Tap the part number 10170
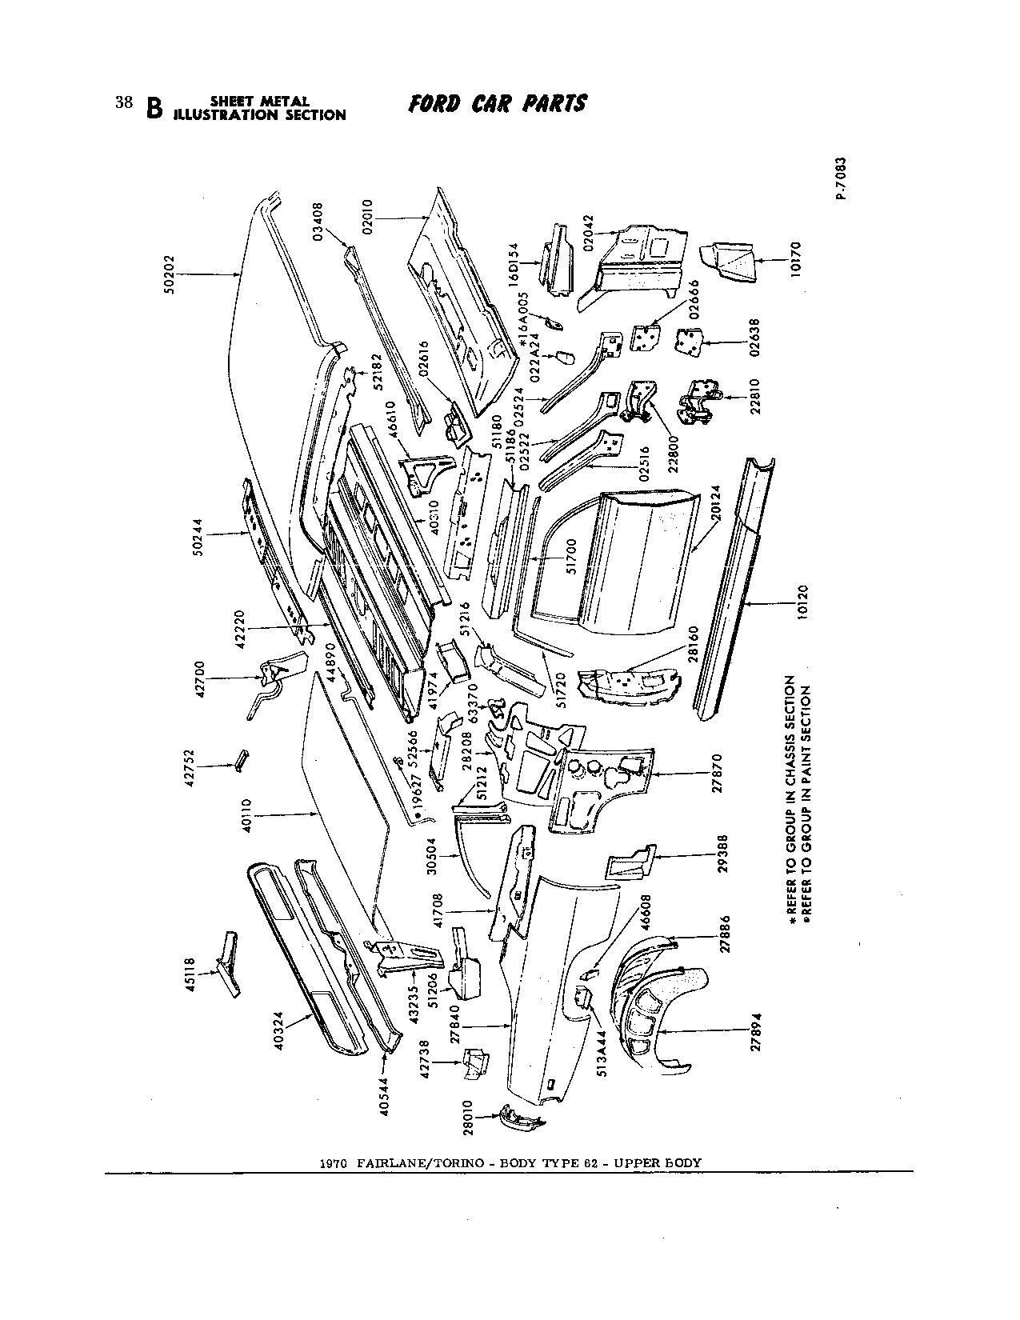tap(794, 258)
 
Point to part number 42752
tap(190, 766)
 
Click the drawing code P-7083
tap(839, 178)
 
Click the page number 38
tap(123, 102)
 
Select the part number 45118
tap(189, 972)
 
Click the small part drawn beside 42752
tap(240, 759)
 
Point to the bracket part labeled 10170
tap(726, 262)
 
